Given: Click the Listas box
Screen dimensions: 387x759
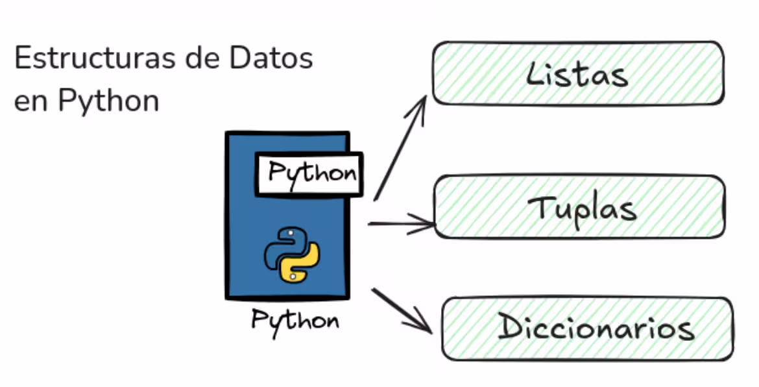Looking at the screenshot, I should [577, 73].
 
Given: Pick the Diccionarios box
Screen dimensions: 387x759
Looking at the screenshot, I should [587, 329].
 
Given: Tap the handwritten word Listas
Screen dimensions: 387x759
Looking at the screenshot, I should [577, 74].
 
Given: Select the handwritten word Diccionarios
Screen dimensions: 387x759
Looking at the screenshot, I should [595, 329].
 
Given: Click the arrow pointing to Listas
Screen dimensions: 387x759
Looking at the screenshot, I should [400, 149].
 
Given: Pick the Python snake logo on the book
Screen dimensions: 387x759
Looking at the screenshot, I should [291, 254].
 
